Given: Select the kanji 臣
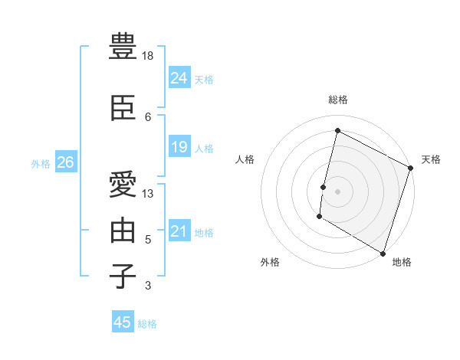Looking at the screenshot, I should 123,109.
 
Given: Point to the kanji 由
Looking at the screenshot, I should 123,231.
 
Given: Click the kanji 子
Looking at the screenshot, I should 123,277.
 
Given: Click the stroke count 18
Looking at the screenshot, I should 149,56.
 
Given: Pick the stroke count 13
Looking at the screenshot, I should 149,194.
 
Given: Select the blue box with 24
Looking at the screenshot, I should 179,78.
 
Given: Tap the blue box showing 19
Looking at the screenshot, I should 179,147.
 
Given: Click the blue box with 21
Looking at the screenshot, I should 179,231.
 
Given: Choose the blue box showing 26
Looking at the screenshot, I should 65,162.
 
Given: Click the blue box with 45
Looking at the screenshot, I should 123,322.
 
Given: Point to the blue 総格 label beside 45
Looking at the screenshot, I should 147,324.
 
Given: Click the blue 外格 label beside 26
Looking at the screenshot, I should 41,163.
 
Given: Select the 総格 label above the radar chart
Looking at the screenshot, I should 338,100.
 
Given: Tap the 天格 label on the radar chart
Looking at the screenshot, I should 431,159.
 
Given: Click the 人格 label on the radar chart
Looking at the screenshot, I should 245,159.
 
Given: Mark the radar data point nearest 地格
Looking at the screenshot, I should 383,253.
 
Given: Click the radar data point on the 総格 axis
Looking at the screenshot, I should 337,131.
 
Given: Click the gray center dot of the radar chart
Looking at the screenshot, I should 337,191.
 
